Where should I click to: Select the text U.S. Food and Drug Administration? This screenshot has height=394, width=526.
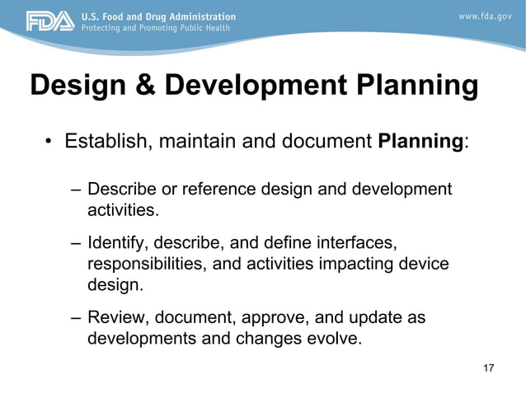pos(157,16)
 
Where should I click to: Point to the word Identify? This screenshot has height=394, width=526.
pos(117,244)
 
